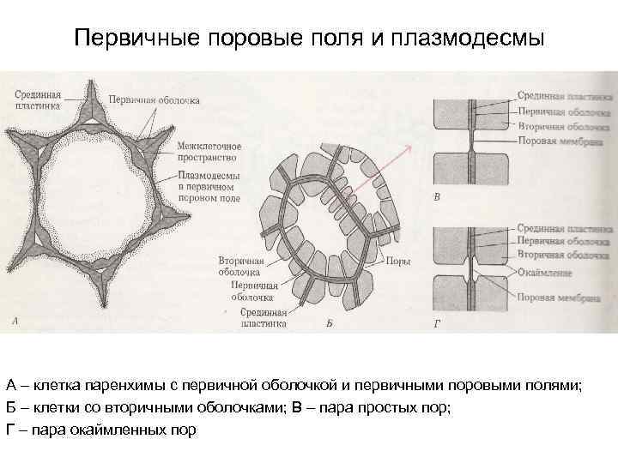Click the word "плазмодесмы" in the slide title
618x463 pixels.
point(474,39)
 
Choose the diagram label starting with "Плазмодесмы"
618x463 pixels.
point(209,187)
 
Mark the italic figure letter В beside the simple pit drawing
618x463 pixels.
point(438,197)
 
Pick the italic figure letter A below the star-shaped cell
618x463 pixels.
point(15,322)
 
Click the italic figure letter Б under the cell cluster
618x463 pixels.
point(329,324)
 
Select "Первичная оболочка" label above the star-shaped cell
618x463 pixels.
point(155,100)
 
